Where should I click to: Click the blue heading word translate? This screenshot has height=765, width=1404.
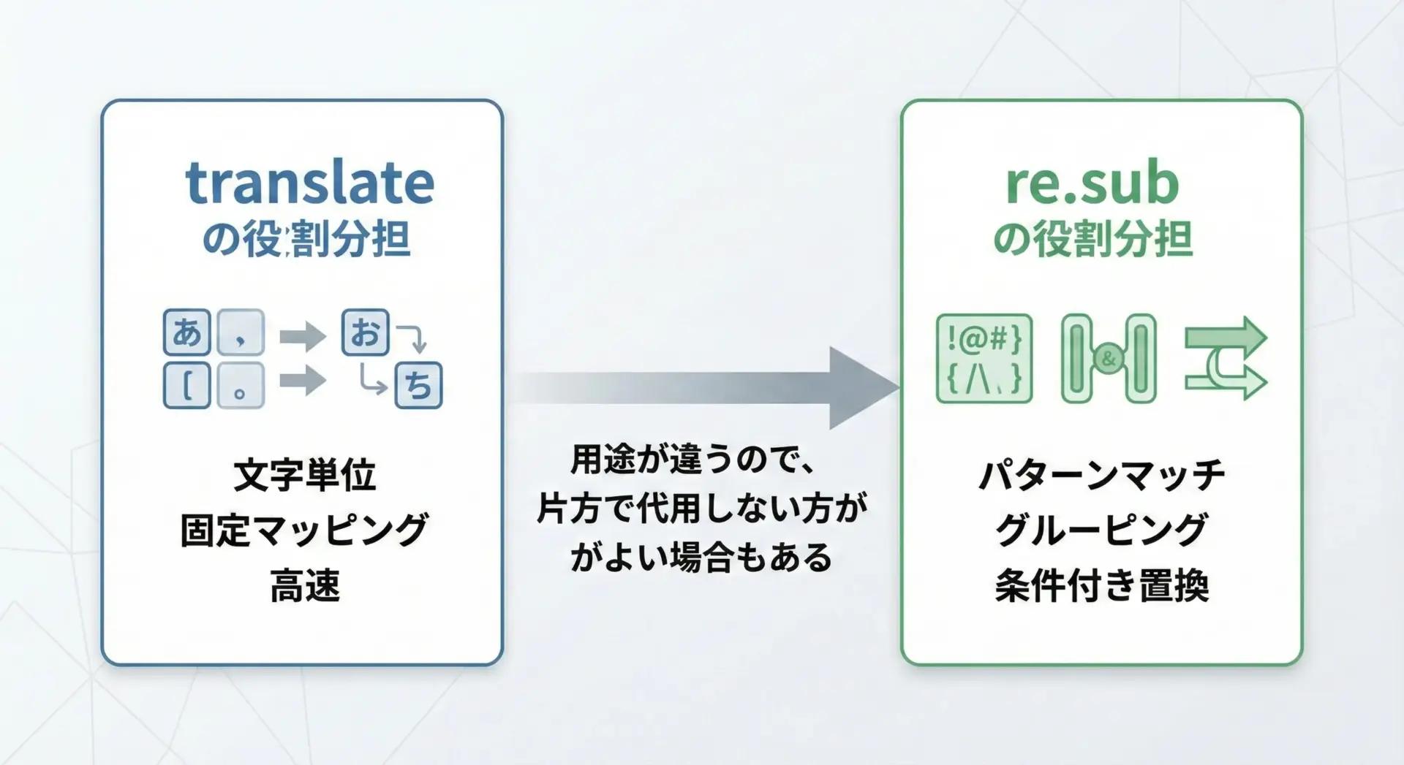309,183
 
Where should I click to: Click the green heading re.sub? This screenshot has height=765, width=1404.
1092,183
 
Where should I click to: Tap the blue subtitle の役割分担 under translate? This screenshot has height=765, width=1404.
306,240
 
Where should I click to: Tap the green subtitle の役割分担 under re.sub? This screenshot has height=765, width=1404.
1092,240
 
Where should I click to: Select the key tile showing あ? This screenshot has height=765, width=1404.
187,332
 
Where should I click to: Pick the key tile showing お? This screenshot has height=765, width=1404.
365,332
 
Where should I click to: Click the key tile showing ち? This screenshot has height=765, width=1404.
418,384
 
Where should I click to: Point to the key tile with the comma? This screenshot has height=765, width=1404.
241,332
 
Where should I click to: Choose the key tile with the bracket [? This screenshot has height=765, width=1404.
187,385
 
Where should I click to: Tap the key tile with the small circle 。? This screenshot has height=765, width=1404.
241,385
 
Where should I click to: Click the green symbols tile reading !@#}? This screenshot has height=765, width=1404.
984,359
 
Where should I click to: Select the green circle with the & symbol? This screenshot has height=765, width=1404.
1109,359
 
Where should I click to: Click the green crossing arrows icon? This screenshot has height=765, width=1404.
1226,359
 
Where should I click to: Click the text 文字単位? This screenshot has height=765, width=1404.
304,476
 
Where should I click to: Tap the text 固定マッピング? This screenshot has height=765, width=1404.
304,530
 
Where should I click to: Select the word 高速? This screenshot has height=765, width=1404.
304,585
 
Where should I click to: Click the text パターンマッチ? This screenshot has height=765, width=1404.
1101,476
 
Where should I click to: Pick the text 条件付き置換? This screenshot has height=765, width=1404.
1101,585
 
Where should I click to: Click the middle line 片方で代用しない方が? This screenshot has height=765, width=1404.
702,509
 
